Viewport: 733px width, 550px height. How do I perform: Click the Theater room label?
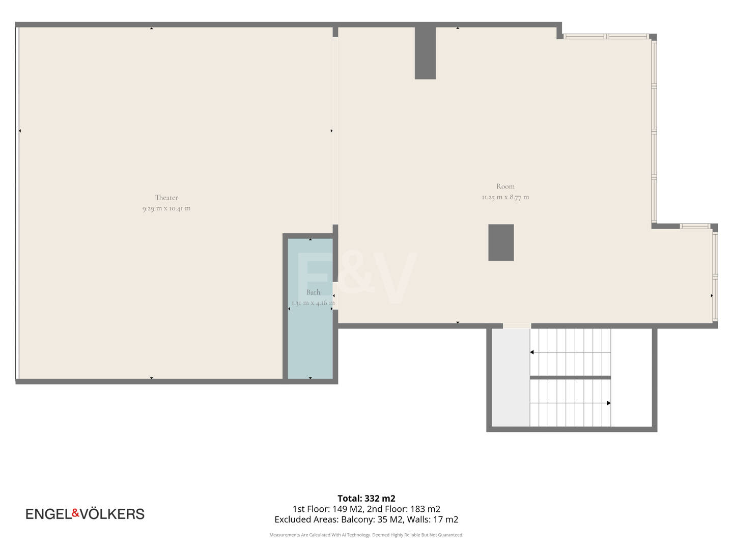pos(166,198)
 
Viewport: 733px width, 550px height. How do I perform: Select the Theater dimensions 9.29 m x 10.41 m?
pos(166,208)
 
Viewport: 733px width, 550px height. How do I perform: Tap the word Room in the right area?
pos(505,186)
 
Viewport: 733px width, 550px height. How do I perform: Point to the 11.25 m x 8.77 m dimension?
pos(505,197)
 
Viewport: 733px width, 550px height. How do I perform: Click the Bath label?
pos(313,292)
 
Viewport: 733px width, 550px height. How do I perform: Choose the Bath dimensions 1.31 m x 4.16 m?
pos(313,303)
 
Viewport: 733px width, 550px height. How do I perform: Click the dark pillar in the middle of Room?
pos(501,242)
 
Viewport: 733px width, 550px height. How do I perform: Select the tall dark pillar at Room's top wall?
pos(425,53)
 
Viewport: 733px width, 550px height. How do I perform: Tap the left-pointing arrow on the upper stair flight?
pos(571,352)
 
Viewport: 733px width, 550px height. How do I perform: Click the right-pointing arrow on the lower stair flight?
pos(571,403)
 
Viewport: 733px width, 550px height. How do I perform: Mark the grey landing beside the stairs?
pos(511,377)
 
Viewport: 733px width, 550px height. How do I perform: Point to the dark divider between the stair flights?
pos(571,378)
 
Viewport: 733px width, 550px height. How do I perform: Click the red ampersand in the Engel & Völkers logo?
pos(76,513)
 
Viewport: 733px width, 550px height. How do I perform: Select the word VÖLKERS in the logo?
pos(112,514)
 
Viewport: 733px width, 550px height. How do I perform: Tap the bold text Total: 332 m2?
pos(366,498)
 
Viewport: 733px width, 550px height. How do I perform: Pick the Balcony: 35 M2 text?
pos(372,519)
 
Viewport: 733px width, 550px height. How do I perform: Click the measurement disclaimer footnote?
pos(366,535)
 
